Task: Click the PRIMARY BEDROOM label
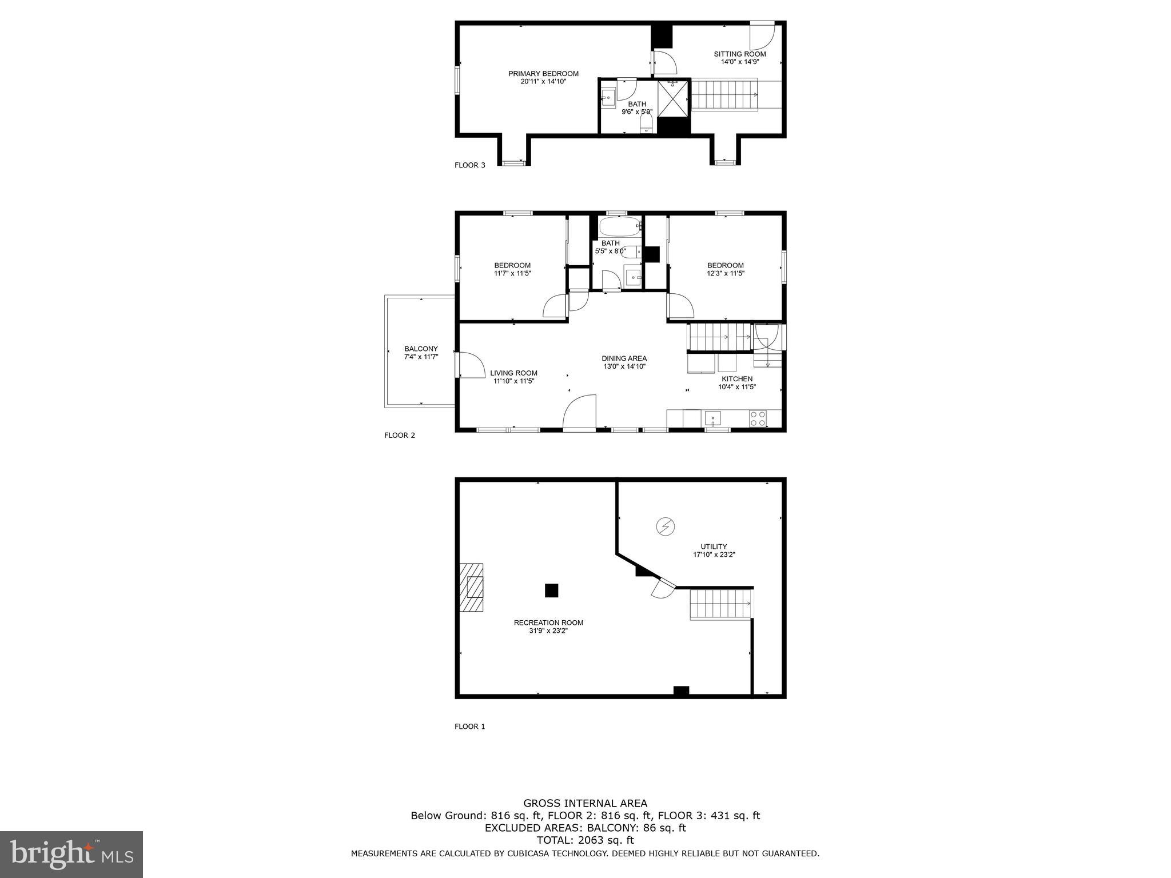coord(543,74)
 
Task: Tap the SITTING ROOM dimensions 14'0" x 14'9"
coord(739,62)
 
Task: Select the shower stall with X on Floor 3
coord(674,98)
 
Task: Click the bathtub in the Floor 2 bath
coord(620,227)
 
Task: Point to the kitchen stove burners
coord(758,418)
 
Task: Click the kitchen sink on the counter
coord(712,418)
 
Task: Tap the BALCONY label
coord(421,349)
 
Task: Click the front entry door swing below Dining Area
coord(580,413)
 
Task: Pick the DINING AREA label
coord(624,358)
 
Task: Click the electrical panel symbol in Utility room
coord(665,526)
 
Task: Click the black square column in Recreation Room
coord(551,590)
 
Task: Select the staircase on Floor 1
coord(720,605)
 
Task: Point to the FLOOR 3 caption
coord(469,165)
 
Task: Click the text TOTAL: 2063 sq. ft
coord(585,840)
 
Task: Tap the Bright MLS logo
coord(71,854)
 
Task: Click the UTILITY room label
coord(714,546)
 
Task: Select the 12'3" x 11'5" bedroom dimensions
coord(725,273)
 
